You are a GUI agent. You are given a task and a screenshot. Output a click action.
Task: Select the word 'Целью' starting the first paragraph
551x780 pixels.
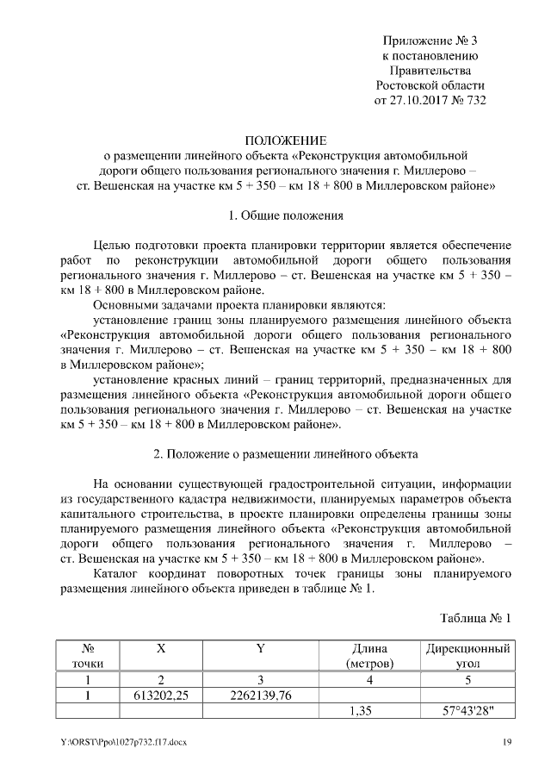(x=113, y=245)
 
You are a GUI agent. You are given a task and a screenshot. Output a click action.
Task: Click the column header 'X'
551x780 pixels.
(x=161, y=648)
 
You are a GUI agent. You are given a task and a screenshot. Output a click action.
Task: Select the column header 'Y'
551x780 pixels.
(x=260, y=648)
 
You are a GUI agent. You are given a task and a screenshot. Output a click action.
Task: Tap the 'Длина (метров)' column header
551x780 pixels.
(x=369, y=656)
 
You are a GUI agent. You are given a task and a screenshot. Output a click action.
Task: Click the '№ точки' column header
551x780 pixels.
(x=87, y=656)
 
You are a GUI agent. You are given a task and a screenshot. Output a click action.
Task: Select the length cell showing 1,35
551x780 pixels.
(x=369, y=711)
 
